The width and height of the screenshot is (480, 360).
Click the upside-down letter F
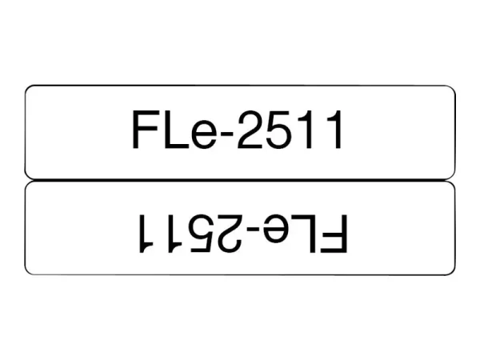click(x=337, y=231)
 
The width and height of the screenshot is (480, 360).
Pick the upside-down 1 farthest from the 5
click(x=144, y=231)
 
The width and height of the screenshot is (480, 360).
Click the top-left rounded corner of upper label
click(x=29, y=89)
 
